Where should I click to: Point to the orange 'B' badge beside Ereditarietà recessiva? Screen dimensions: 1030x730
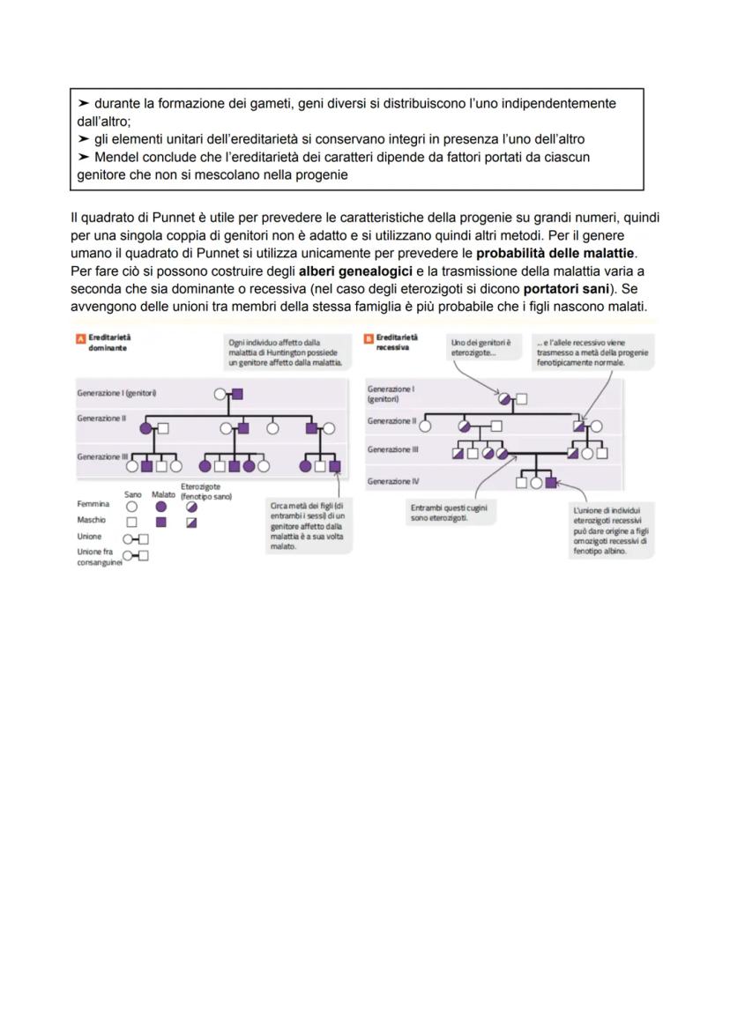369,338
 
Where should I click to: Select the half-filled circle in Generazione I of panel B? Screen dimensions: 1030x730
505,398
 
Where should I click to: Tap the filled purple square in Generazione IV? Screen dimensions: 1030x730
551,483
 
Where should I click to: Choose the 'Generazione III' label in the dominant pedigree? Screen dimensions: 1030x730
102,457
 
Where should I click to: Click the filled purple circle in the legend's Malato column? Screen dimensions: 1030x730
160,507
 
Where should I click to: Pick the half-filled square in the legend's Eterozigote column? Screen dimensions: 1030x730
191,522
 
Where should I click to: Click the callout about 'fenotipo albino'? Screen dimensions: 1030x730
609,530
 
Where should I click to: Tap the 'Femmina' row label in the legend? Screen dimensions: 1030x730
93,505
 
